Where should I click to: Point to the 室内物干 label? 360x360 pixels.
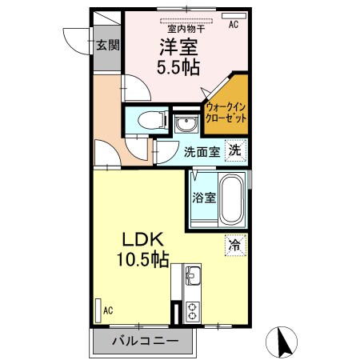(x=186, y=28)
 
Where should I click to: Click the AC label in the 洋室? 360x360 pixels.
(x=234, y=25)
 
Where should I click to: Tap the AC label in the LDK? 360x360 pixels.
(x=107, y=310)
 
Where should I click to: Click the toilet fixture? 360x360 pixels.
(x=149, y=121)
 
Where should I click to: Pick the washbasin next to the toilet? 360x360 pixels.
(x=186, y=124)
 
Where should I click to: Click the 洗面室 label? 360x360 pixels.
(x=202, y=151)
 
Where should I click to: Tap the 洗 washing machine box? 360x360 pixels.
(x=234, y=149)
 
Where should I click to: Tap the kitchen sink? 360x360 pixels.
(x=194, y=278)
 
